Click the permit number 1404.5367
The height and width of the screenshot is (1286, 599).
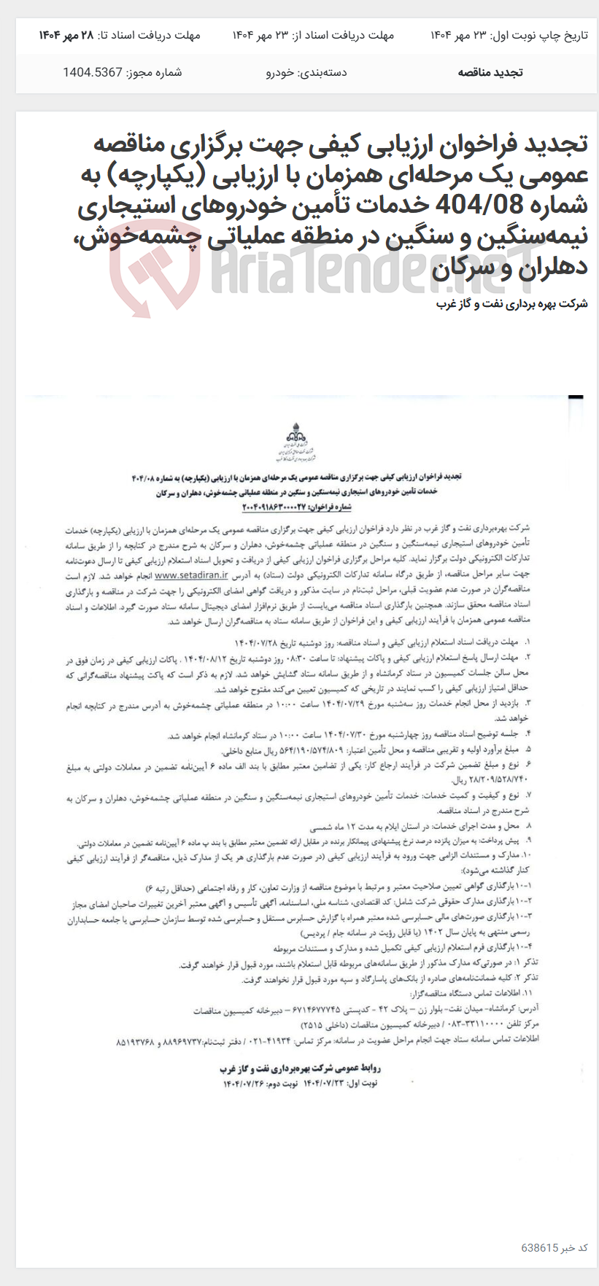click(92, 72)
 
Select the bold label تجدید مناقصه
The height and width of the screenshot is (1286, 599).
click(490, 72)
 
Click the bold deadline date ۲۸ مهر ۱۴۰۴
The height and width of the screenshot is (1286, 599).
click(68, 35)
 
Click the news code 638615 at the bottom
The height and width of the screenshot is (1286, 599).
click(540, 1247)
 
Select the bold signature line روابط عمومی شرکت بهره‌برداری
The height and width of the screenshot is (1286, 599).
click(300, 1068)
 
